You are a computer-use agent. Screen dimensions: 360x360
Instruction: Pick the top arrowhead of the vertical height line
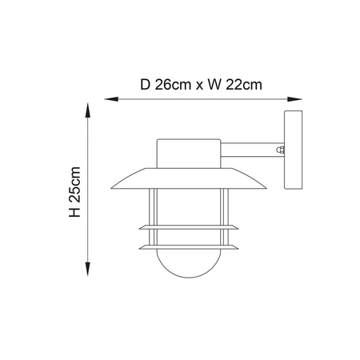pyautogui.click(x=86, y=106)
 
